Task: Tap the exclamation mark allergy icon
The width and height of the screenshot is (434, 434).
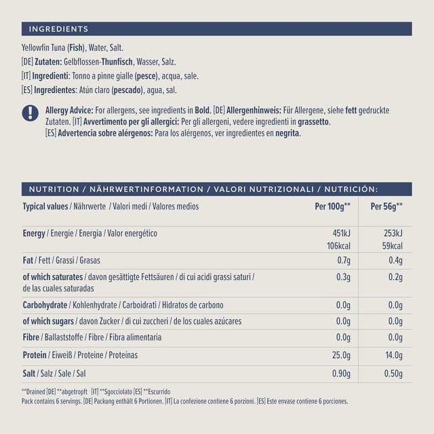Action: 30,113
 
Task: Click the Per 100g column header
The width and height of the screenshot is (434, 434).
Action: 332,206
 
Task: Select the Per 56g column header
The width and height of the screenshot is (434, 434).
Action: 387,206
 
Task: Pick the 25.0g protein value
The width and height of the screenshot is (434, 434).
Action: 339,355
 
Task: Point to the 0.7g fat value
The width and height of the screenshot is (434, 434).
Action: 342,260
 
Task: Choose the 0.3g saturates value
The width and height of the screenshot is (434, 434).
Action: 342,277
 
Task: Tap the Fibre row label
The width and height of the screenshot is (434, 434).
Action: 31,337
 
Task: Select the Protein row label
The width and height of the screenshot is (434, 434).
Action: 35,355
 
